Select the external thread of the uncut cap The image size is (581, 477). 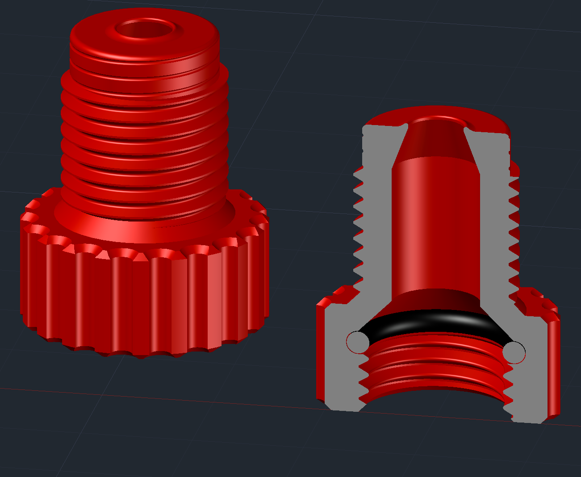144,134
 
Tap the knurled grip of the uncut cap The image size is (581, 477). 143,304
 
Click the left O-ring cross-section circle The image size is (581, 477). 358,342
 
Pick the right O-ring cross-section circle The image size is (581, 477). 514,352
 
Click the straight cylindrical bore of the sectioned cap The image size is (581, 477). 435,223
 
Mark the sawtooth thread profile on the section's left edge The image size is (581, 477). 357,223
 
